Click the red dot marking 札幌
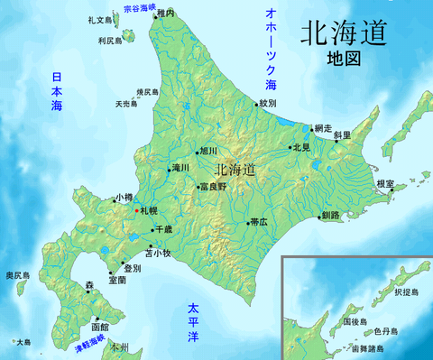pyautogui.click(x=136, y=210)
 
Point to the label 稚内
pyautogui.click(x=165, y=14)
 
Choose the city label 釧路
pyautogui.click(x=331, y=216)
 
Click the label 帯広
pyautogui.click(x=259, y=221)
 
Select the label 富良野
pyautogui.click(x=215, y=187)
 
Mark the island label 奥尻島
pyautogui.click(x=17, y=274)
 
